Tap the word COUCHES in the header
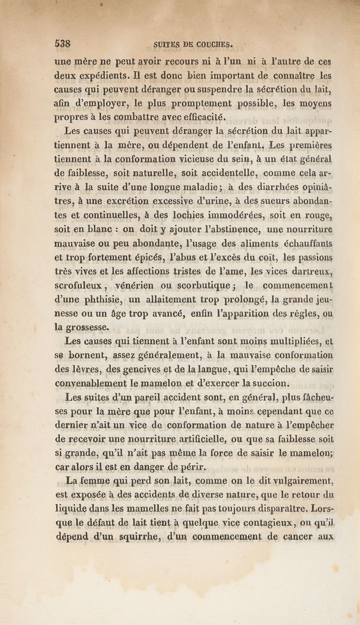coord(211,45)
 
